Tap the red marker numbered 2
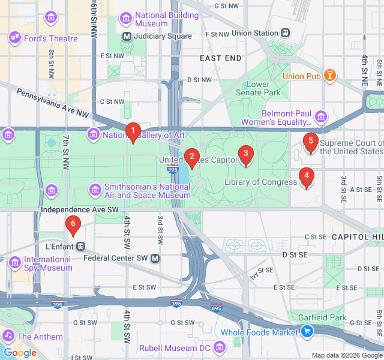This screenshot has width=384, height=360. [x=191, y=158]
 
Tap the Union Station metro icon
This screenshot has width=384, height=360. [x=285, y=34]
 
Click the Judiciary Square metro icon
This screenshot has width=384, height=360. [x=127, y=36]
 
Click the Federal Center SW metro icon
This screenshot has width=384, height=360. [x=155, y=258]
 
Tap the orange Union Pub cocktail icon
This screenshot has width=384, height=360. [x=329, y=76]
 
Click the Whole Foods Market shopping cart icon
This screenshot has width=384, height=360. [x=307, y=332]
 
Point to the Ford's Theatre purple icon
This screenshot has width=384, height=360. [x=14, y=38]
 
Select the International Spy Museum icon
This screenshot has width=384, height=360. [x=15, y=263]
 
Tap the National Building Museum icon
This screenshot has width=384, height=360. [x=126, y=19]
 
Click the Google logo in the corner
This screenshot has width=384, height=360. [x=20, y=353]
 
